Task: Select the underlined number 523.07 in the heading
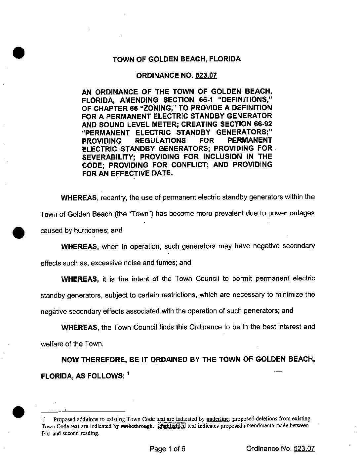tap(206, 75)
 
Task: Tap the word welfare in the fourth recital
tap(52, 344)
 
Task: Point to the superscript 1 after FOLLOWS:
tap(128, 374)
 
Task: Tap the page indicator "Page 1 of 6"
tap(168, 449)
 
